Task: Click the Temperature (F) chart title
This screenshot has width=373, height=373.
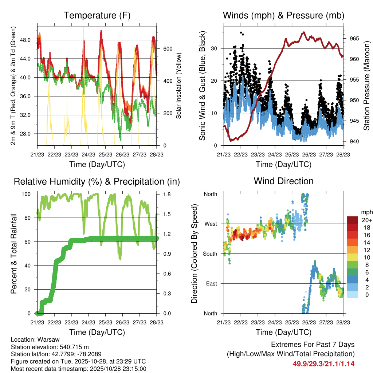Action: point(97,15)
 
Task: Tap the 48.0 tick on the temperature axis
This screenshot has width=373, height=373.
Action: point(29,40)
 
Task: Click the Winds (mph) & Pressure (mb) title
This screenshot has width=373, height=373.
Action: point(283,15)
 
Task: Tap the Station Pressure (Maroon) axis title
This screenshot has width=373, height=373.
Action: point(366,85)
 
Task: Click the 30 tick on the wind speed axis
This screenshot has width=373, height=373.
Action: point(216,48)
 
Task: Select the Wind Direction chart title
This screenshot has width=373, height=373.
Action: point(283,181)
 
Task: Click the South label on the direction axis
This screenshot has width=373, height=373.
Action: point(210,254)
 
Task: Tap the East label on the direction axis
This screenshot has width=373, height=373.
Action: point(211,283)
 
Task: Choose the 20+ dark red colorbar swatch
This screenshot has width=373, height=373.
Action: point(353,220)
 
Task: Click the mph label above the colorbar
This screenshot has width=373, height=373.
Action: point(366,212)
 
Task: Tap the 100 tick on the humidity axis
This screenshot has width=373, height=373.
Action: point(27,194)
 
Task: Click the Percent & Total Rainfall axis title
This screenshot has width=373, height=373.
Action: point(14,254)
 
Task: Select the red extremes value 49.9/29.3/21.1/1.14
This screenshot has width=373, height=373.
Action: point(323,364)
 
